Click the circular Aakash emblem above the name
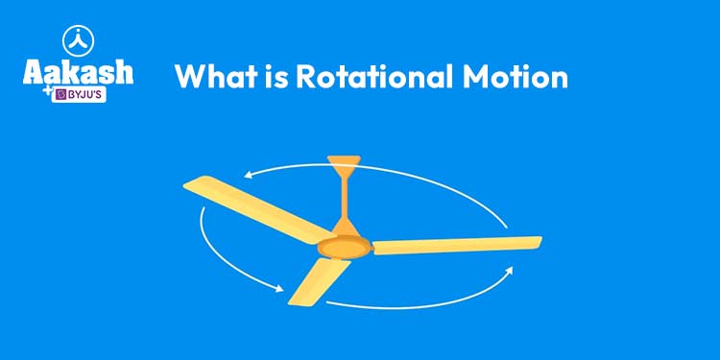[78, 40]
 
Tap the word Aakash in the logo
[78, 73]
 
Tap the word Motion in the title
[519, 77]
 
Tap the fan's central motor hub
[344, 245]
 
